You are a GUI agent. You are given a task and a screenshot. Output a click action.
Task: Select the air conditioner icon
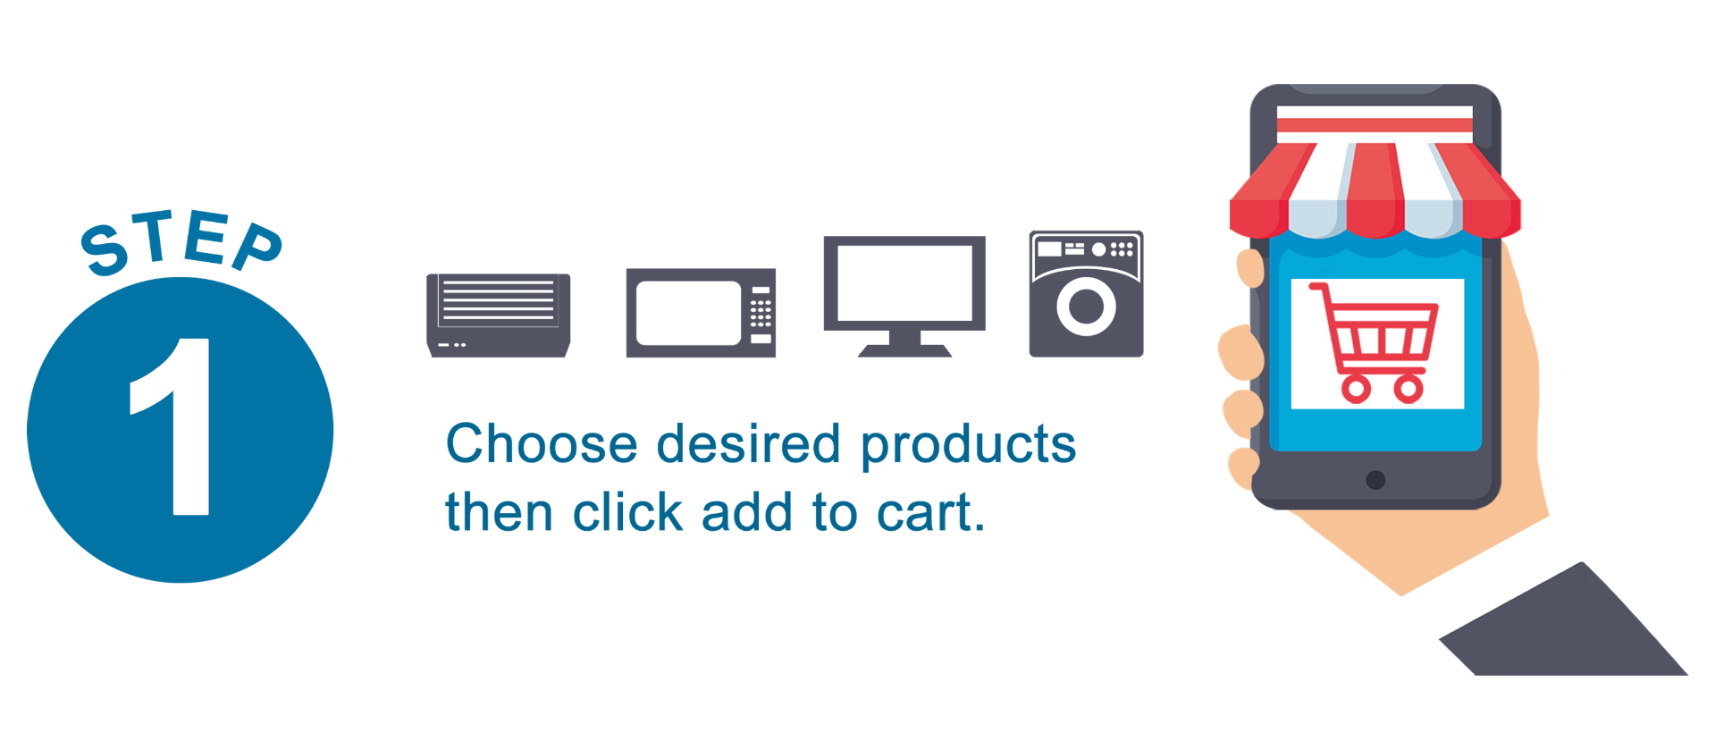[x=499, y=316]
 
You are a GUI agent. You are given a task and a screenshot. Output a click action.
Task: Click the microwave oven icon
[x=701, y=313]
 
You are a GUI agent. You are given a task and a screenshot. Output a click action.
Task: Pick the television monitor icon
[x=904, y=296]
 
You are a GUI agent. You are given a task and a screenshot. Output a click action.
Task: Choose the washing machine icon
[x=1086, y=294]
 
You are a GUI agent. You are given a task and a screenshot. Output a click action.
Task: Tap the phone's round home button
[x=1375, y=480]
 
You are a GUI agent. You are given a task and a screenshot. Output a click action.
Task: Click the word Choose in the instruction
[x=542, y=443]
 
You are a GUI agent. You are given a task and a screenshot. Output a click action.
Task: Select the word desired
[x=749, y=443]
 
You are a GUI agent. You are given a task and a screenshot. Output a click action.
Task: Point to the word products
[x=968, y=446]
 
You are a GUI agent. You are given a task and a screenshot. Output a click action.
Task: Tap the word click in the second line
[x=627, y=512]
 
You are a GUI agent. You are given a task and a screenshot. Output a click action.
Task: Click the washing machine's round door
[x=1086, y=307]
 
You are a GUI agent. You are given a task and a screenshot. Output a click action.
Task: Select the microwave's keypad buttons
[x=761, y=312]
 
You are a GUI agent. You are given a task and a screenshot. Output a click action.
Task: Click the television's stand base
[x=904, y=350]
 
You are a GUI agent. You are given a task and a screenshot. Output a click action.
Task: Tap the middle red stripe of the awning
[x=1375, y=190]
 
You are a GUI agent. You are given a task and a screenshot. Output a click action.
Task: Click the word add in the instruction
[x=747, y=512]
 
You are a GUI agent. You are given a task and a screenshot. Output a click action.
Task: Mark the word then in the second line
[x=499, y=512]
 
